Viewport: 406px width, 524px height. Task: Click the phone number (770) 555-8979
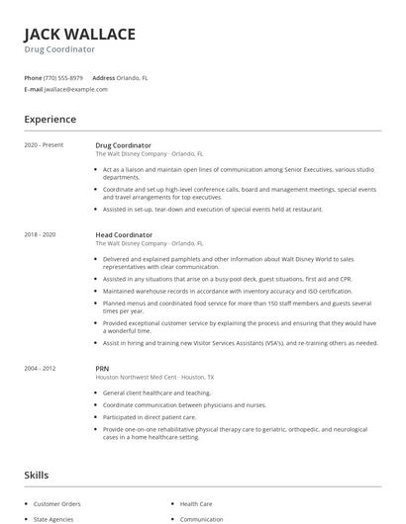point(63,77)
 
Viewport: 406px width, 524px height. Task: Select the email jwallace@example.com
point(75,89)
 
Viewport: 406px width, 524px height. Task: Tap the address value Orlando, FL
point(132,77)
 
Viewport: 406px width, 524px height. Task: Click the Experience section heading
point(51,120)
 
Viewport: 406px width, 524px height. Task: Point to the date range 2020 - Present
point(44,145)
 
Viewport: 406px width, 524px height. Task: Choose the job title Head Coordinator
point(124,234)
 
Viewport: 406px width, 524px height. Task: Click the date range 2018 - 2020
point(41,234)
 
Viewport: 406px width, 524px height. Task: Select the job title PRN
point(102,368)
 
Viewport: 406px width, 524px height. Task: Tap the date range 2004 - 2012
point(41,368)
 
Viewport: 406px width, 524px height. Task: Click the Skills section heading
point(36,476)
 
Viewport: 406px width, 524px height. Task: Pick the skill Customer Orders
point(56,503)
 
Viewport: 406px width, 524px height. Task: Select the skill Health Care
point(196,503)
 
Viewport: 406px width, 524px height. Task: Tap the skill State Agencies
point(53,518)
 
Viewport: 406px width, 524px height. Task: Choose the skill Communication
point(201,518)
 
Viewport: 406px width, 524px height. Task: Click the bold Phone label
point(33,77)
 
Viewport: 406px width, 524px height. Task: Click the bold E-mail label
point(34,89)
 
